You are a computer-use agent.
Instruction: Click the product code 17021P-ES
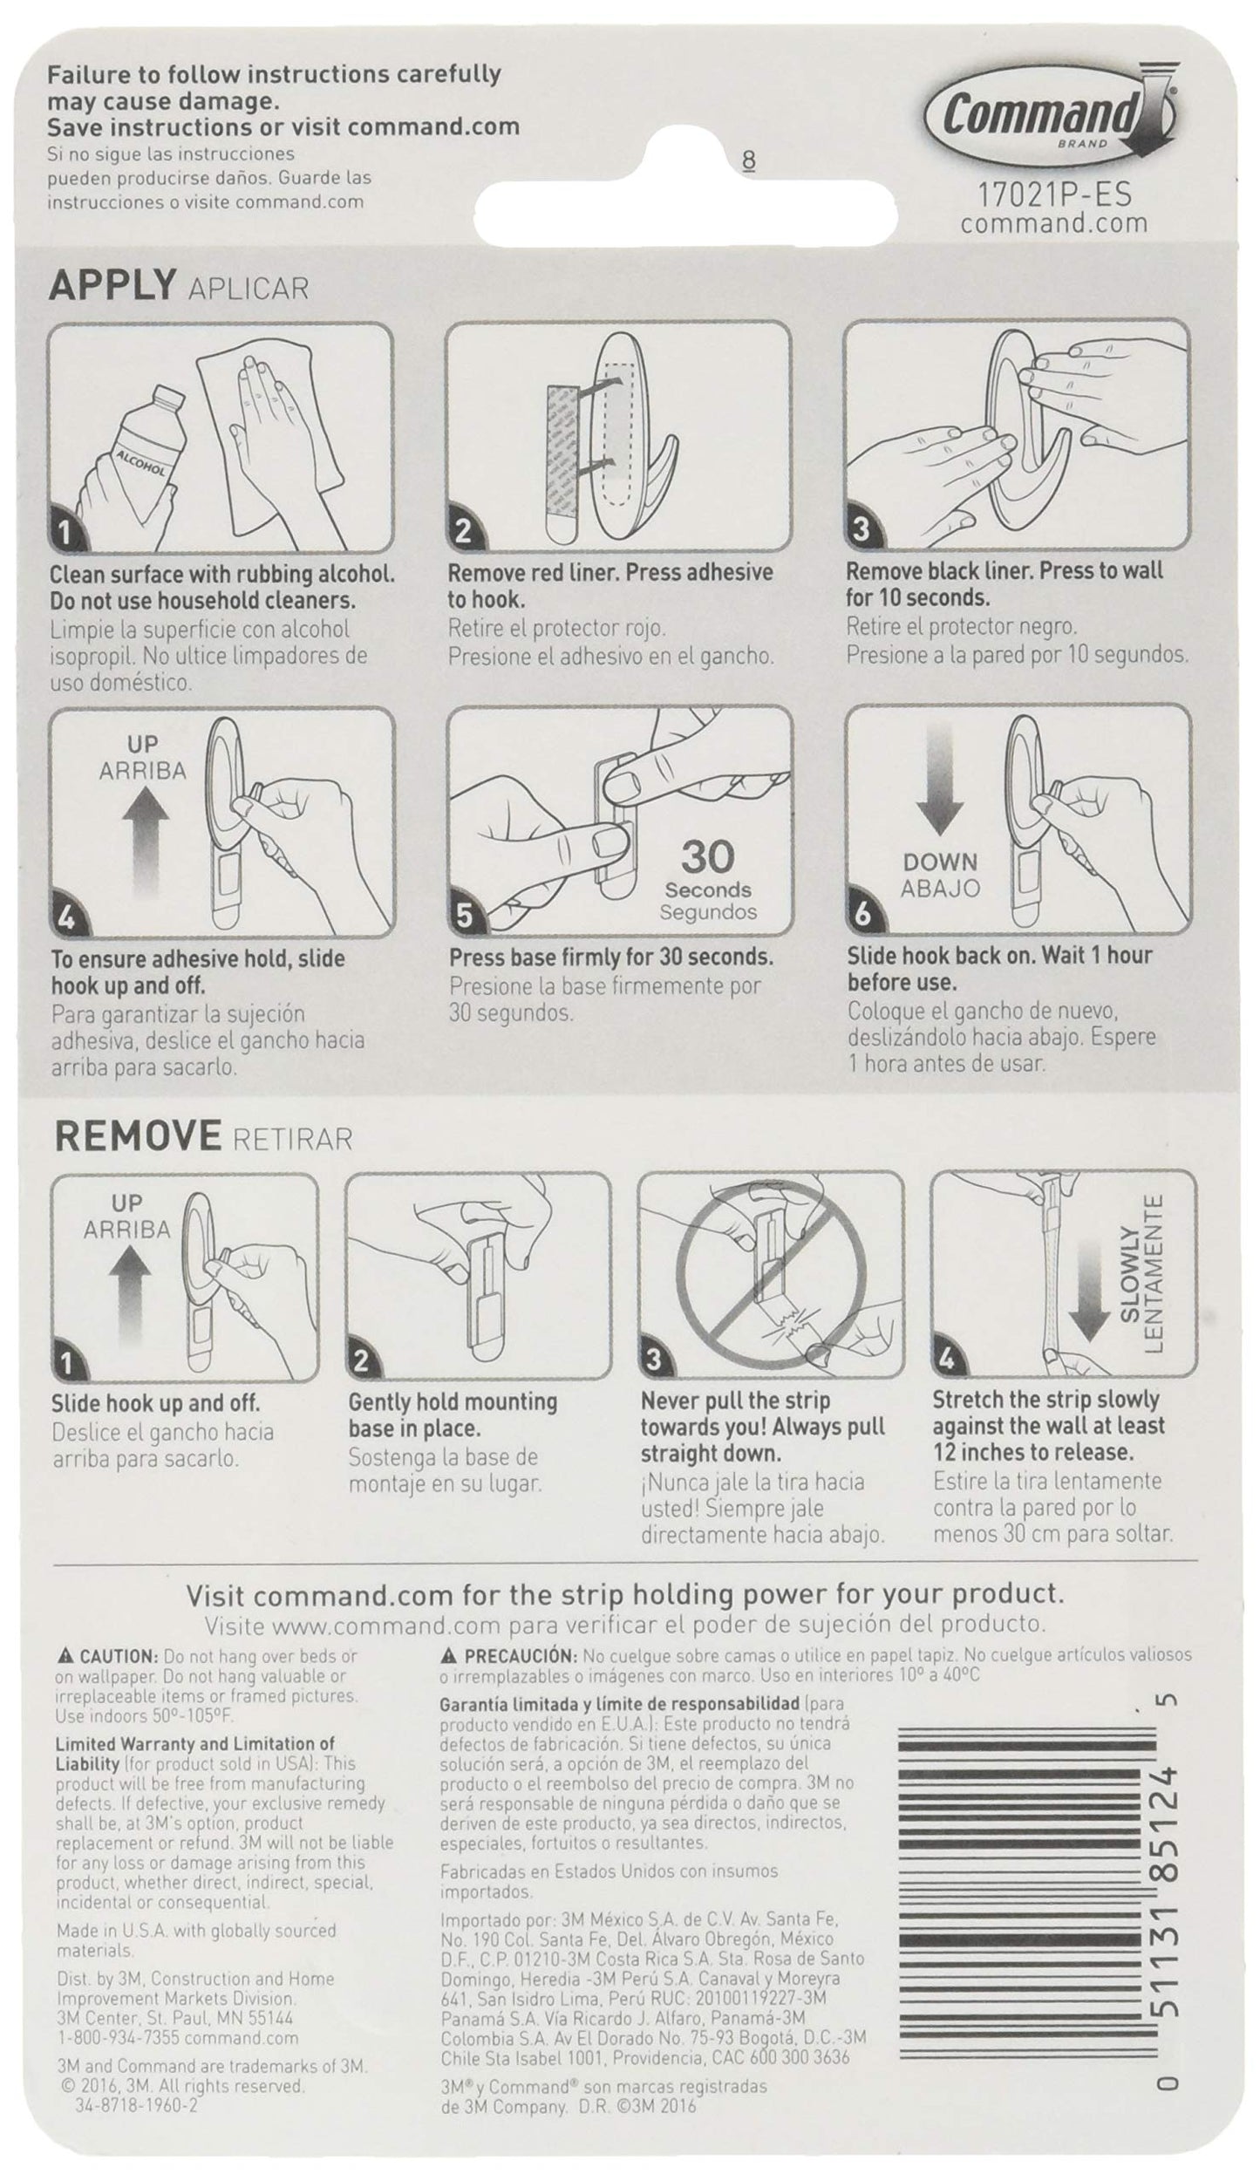[x=1053, y=192]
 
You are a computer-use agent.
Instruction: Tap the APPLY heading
[x=111, y=285]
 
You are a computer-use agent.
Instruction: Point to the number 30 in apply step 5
[x=707, y=857]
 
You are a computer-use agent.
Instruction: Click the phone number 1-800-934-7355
[x=115, y=2038]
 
